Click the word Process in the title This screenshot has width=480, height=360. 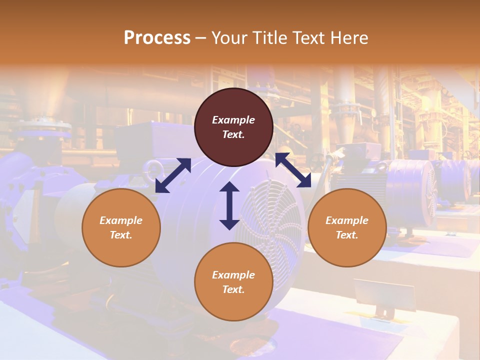[x=157, y=38]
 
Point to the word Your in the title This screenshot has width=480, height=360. [x=228, y=38]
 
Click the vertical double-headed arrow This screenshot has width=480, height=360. [x=229, y=205]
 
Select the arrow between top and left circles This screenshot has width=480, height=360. [x=173, y=175]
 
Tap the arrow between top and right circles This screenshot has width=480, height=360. [x=293, y=170]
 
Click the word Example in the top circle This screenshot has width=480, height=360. [x=233, y=120]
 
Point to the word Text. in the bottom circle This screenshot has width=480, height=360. [x=233, y=289]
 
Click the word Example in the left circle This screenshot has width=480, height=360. [x=121, y=220]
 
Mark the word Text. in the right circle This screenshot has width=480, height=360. [x=347, y=235]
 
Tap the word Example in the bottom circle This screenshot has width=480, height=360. [x=233, y=275]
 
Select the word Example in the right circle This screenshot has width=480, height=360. [x=347, y=220]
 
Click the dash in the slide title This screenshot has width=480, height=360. [x=201, y=38]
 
